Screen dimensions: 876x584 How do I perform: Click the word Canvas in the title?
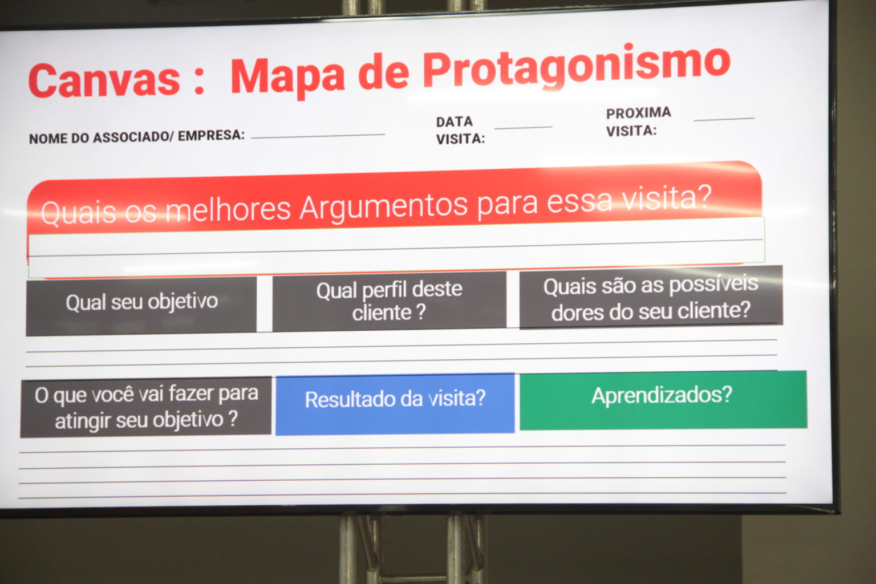tap(104, 80)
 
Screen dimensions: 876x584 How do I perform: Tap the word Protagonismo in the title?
tap(577, 67)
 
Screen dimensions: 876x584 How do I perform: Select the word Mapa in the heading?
tap(288, 77)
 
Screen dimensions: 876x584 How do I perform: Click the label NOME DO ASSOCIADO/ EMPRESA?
tap(137, 137)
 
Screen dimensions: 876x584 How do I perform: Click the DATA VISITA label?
tap(460, 130)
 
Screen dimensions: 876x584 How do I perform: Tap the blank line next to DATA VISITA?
tap(523, 127)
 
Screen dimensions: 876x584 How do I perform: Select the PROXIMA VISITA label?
tap(639, 121)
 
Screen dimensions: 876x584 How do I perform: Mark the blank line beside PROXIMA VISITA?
tap(724, 119)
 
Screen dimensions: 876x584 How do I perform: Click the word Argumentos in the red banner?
tap(383, 208)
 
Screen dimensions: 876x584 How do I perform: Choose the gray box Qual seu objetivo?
tap(141, 306)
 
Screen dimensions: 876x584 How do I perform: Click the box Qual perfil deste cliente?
tap(389, 301)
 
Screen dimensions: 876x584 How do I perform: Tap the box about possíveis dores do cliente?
tap(651, 297)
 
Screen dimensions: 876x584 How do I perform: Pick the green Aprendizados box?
tap(663, 400)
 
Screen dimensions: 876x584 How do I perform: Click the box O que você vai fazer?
tap(146, 407)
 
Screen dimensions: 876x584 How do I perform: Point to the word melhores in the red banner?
tap(228, 210)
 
